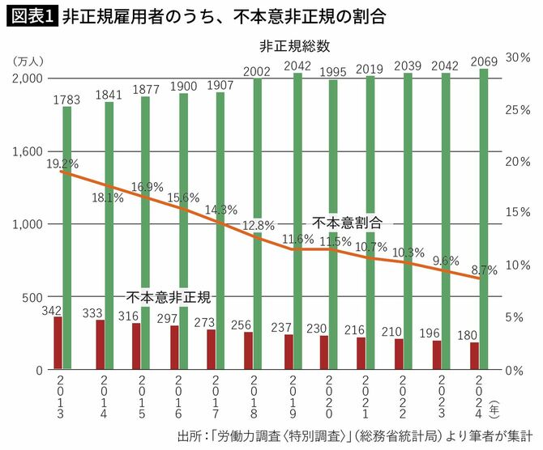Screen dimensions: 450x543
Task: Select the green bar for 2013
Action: [x=67, y=235]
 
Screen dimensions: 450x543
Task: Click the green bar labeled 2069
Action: [x=484, y=219]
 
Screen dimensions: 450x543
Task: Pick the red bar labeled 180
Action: [x=474, y=355]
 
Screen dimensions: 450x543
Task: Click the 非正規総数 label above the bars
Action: [x=294, y=46]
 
